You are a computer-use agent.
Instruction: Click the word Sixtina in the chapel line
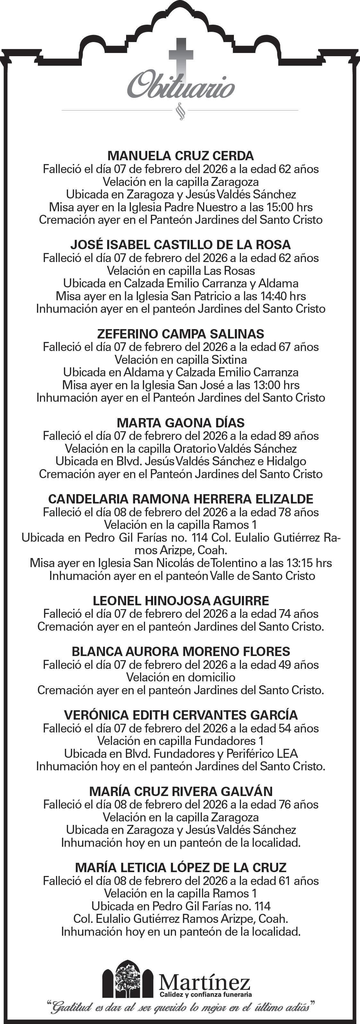229,360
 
